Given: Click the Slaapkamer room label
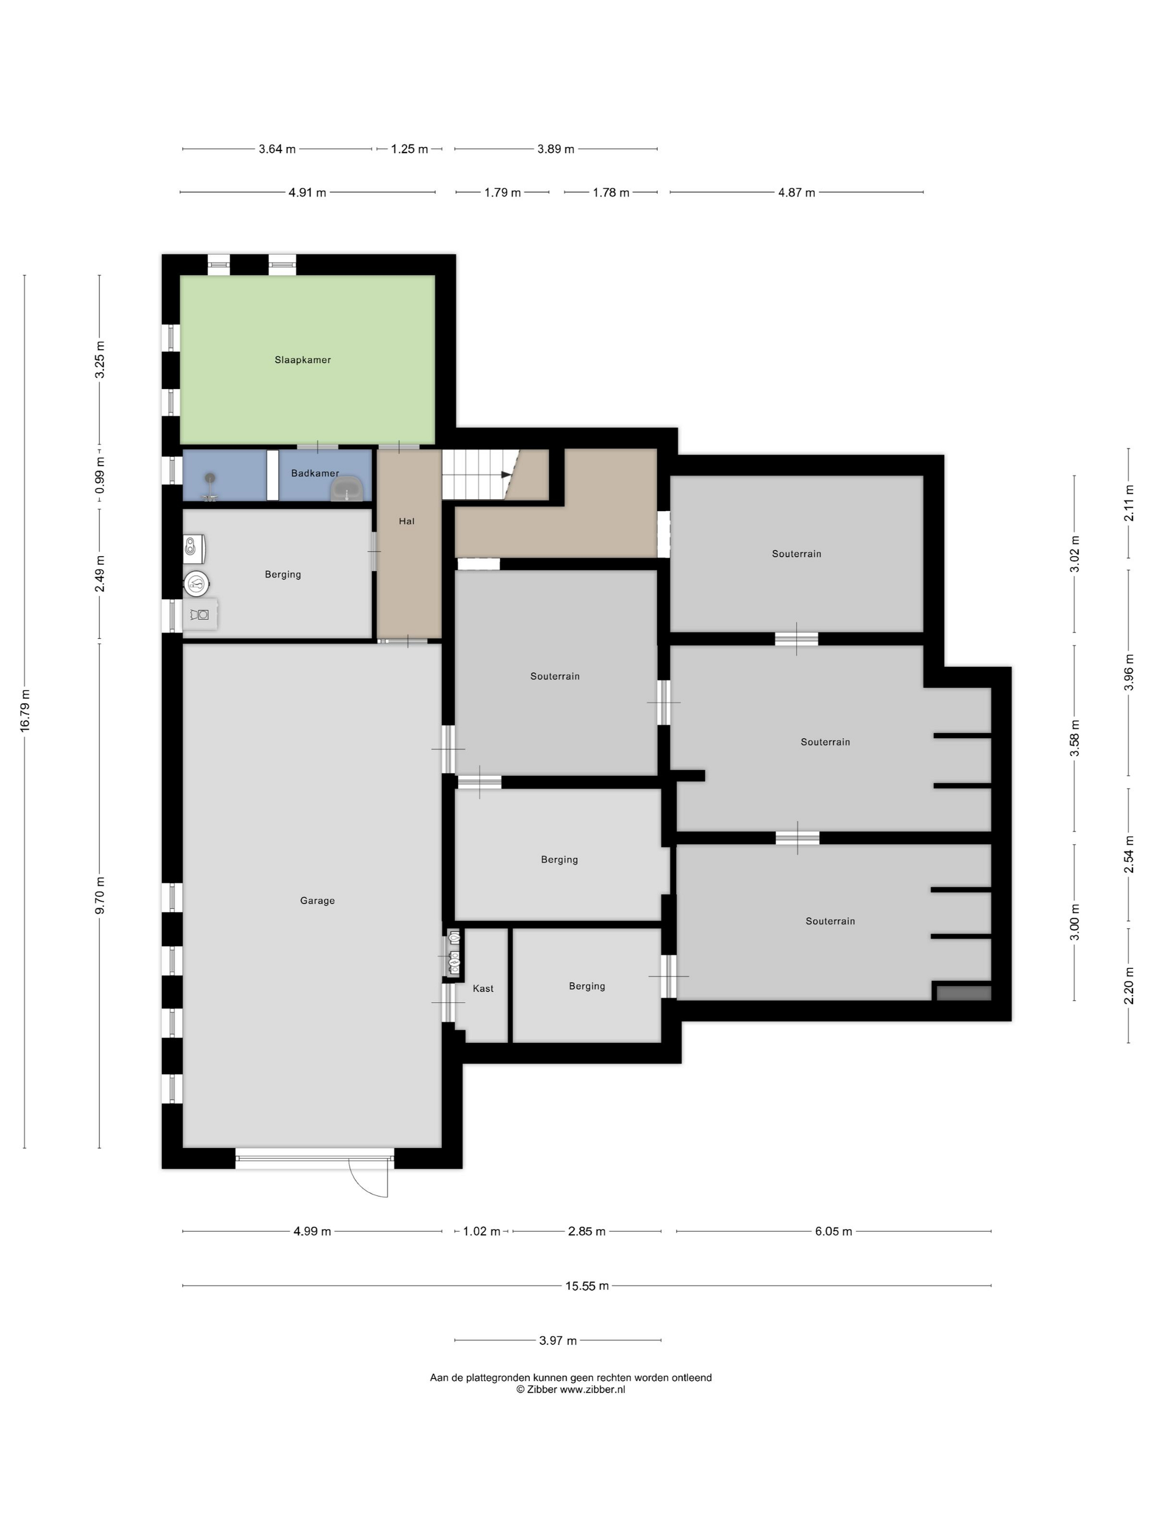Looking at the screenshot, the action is [x=303, y=360].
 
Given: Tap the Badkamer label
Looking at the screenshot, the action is [x=315, y=473].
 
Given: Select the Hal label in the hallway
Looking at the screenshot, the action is [x=407, y=521].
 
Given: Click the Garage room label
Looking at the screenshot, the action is [x=317, y=901].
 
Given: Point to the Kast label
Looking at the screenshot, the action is [x=483, y=989].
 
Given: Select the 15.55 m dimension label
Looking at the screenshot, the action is [x=587, y=1286].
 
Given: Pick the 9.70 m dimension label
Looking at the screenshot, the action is [x=100, y=896].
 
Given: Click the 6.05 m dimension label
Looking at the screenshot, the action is [x=833, y=1232].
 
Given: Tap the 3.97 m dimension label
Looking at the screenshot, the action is [x=558, y=1340].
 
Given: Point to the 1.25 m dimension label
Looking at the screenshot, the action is [x=410, y=149].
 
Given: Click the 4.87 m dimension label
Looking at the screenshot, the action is [x=797, y=193].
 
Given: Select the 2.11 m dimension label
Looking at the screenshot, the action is [x=1129, y=503].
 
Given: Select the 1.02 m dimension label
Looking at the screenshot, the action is [x=482, y=1232].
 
